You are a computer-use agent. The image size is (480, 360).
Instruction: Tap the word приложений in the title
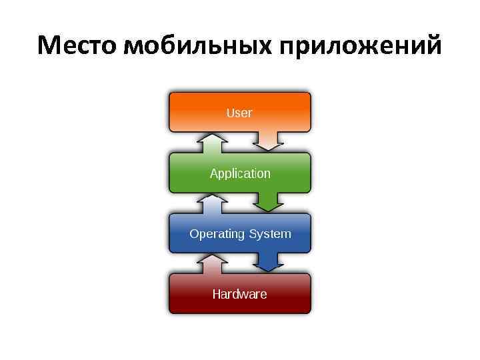(x=360, y=47)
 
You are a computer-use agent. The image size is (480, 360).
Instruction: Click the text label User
(x=239, y=113)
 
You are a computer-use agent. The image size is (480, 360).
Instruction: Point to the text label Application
(x=240, y=173)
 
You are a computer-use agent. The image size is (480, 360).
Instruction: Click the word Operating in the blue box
(x=217, y=234)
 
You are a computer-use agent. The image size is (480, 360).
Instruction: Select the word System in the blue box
(x=270, y=234)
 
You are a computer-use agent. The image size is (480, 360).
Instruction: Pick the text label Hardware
(x=239, y=294)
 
